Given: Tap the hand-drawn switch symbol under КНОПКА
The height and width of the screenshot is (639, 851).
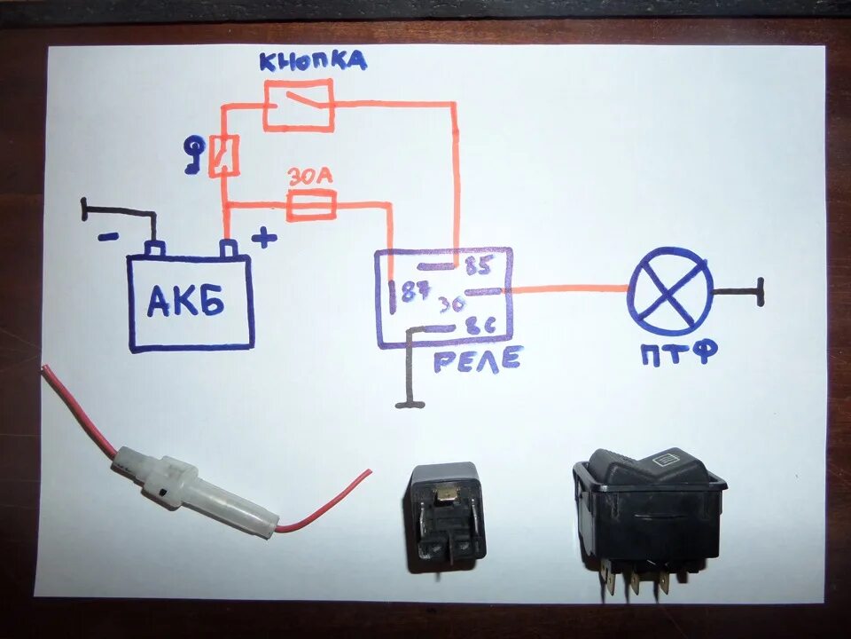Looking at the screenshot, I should coord(299,106).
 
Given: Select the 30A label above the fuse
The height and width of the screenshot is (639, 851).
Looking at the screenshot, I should coord(310,177).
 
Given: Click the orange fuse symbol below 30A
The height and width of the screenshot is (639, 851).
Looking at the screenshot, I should coord(310,207).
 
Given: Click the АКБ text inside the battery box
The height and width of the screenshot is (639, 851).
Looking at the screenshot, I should coord(186,303).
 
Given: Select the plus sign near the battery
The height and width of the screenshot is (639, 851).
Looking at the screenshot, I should coord(263,237).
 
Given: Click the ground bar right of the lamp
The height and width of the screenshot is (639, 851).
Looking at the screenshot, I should coord(760,292).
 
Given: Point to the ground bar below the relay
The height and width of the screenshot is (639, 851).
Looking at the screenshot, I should coord(410,405).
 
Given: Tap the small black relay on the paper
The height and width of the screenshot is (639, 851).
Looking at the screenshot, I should coord(446,516).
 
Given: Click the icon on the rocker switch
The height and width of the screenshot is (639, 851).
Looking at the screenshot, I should coord(665,459).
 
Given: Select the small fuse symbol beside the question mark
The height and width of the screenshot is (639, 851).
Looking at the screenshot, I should coord(223,155).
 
